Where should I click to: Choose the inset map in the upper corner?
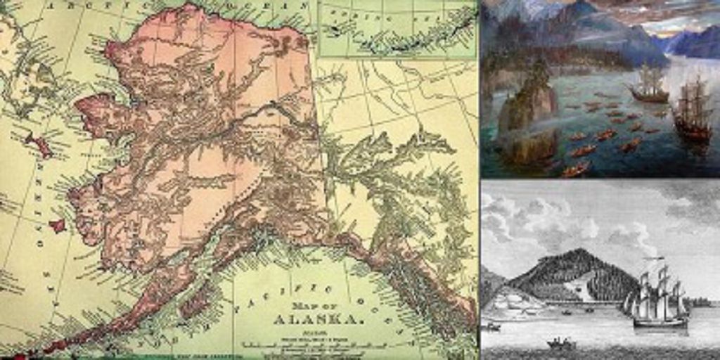(397, 29)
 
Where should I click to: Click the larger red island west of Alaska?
(39, 145)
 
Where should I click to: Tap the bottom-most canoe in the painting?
(574, 169)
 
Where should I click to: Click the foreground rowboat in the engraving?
(561, 344)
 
